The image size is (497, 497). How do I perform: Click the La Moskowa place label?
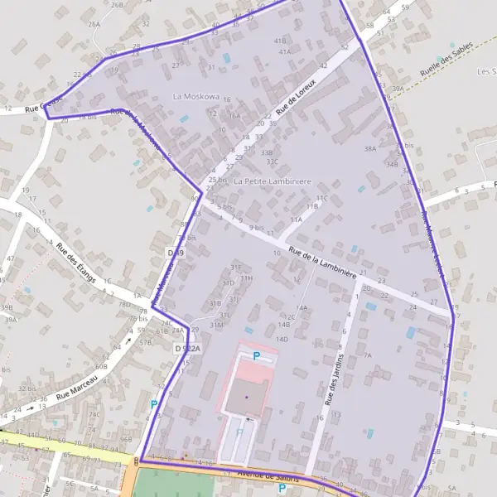click(195, 97)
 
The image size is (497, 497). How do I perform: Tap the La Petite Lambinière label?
click(273, 181)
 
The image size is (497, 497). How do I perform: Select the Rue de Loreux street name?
click(297, 95)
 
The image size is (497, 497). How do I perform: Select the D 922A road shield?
click(188, 350)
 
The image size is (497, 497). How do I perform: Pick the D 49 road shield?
click(175, 252)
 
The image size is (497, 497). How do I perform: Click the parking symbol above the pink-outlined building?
click(256, 355)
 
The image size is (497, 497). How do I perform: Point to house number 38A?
click(369, 149)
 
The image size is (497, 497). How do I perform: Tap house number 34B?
click(391, 164)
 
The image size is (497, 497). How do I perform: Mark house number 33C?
click(271, 162)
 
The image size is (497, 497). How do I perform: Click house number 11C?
click(321, 198)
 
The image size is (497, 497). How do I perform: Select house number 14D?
click(282, 339)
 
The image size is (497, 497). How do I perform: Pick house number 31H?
click(246, 278)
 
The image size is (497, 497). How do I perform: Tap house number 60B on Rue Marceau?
click(101, 365)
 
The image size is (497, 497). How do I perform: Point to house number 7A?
click(368, 355)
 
